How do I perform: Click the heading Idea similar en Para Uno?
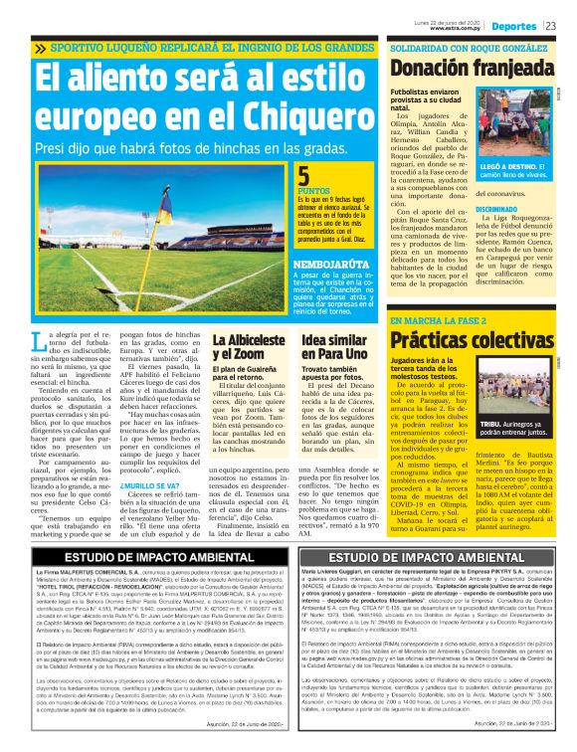pyautogui.click(x=335, y=346)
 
